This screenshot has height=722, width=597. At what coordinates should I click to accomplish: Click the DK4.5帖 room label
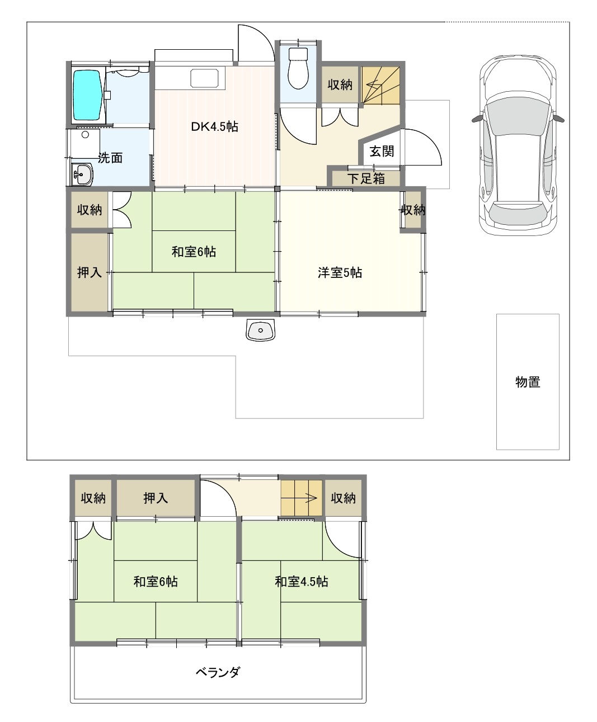[x=214, y=127]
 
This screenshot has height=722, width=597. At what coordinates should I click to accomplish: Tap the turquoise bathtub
[x=88, y=96]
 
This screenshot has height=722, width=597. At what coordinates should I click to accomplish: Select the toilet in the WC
[x=298, y=68]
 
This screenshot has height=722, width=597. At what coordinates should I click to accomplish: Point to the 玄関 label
[x=382, y=151]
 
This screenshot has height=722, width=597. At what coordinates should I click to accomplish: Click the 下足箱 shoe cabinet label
[x=366, y=178]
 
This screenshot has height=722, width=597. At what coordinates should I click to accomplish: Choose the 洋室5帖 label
[x=340, y=272]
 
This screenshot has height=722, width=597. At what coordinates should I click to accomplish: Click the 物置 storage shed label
[x=528, y=382]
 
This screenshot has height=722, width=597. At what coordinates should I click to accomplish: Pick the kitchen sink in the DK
[x=204, y=78]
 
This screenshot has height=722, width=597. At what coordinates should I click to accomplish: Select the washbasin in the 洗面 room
[x=82, y=174]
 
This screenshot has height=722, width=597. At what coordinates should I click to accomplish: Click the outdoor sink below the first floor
[x=260, y=329]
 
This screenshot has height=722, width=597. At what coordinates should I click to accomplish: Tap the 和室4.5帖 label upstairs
[x=301, y=582]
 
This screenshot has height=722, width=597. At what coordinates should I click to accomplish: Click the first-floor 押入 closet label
[x=89, y=272]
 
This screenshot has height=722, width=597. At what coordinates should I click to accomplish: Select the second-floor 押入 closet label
[x=156, y=498]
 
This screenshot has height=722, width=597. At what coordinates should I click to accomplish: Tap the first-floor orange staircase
[x=380, y=86]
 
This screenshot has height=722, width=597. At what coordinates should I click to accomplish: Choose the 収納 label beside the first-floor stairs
[x=340, y=84]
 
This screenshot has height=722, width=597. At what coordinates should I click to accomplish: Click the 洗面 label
[x=110, y=158]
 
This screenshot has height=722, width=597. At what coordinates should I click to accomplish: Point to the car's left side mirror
[x=477, y=118]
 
